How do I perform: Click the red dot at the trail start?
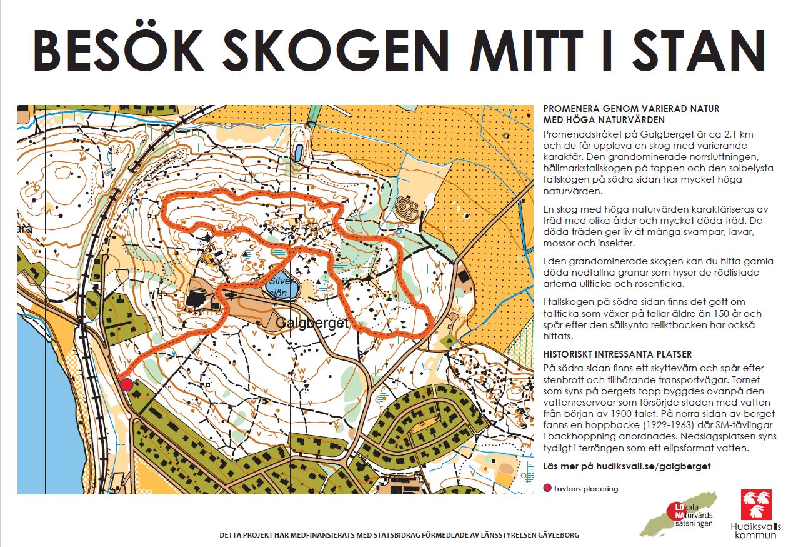coord(127,384)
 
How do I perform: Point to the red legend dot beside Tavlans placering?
coord(548,489)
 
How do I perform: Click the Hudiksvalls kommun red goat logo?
coord(755,504)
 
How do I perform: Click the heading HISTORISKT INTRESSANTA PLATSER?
coord(617,354)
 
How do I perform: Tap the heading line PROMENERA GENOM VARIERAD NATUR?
coord(631,109)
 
